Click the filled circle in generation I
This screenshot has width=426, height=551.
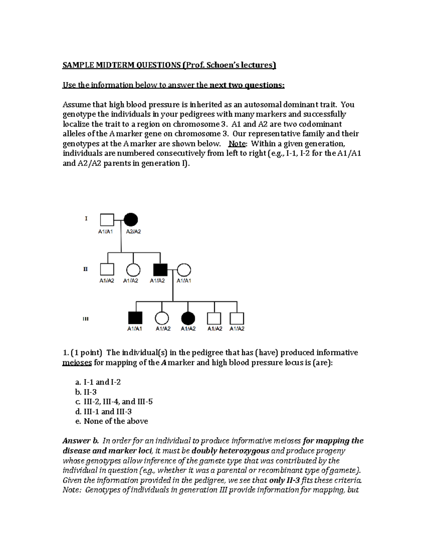(131, 220)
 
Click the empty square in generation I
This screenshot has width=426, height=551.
(107, 220)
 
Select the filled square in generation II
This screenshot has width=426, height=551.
(160, 270)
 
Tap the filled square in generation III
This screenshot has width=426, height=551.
(135, 318)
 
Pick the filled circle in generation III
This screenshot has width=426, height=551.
(188, 318)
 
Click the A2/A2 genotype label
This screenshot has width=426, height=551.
(133, 232)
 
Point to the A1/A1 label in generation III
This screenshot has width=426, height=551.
(135, 329)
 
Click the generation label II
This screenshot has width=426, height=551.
(86, 269)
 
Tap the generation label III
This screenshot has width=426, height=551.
(86, 319)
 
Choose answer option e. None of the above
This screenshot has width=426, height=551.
(111, 421)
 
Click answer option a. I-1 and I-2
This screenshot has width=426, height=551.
(98, 382)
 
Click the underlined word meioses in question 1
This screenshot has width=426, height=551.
(77, 363)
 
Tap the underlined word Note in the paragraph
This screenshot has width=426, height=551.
(236, 144)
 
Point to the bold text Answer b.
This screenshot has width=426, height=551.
(80, 441)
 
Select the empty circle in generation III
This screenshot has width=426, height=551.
(162, 318)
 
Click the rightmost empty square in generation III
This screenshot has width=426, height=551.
(237, 318)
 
